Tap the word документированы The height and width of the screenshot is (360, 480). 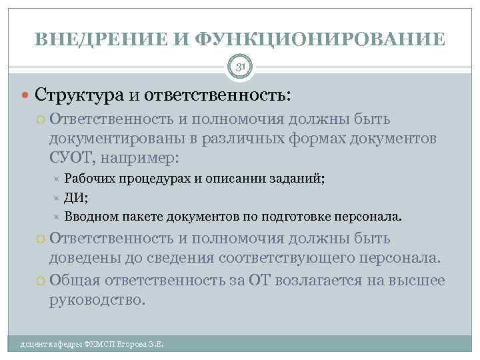coord(119,139)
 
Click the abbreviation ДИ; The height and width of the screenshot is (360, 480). coord(76,198)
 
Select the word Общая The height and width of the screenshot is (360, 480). coord(73,279)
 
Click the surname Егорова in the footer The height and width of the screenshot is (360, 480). coord(131,345)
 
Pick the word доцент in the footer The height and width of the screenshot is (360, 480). coord(33,345)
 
